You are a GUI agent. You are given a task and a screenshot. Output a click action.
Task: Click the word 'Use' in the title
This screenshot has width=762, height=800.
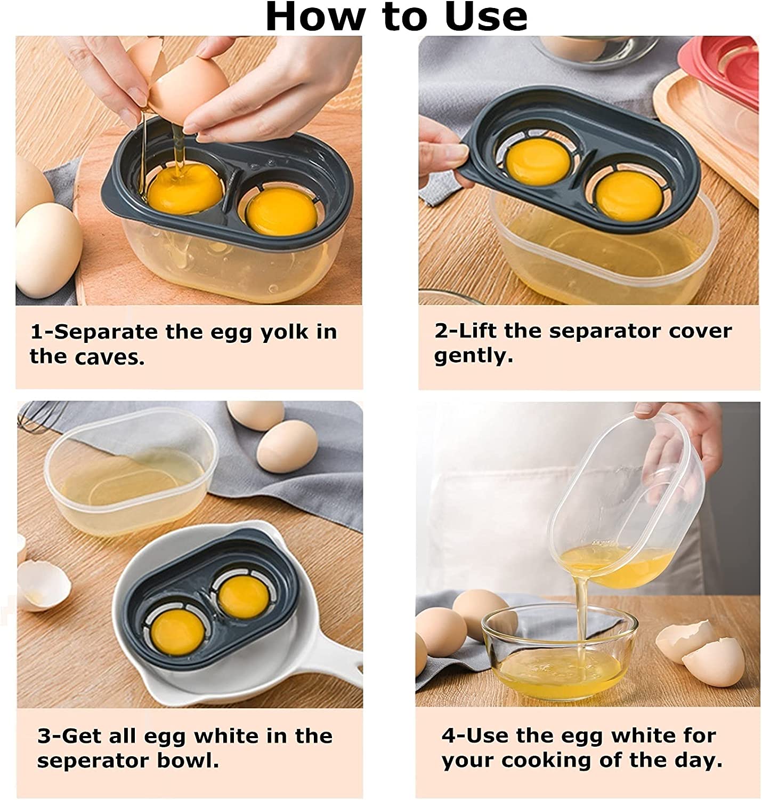486,17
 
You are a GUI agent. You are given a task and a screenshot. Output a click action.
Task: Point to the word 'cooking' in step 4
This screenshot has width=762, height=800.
547,761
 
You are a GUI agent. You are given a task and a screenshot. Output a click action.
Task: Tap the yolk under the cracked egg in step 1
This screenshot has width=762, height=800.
185,190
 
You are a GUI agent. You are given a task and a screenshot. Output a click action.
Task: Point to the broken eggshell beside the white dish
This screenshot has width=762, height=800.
43,586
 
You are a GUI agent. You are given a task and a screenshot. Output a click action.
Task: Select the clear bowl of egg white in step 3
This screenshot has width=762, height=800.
131,472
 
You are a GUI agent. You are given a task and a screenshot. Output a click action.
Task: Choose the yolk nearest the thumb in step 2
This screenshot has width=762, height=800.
538,161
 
